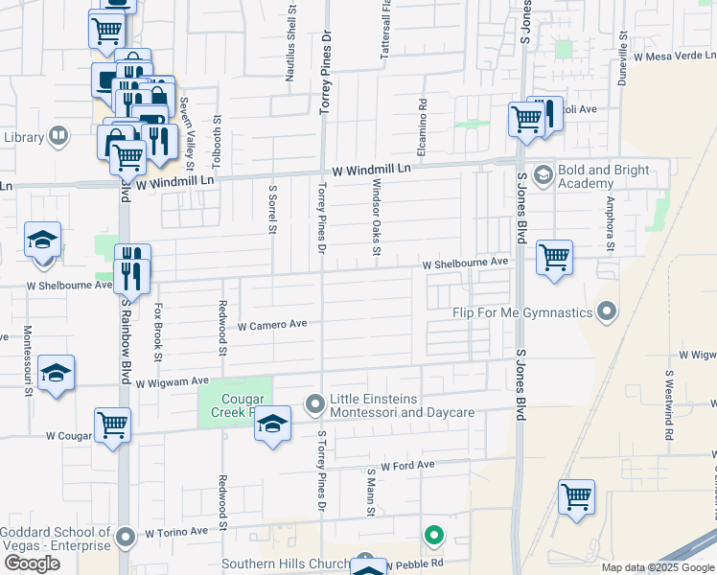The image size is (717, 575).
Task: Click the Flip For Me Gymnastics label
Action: pyautogui.click(x=522, y=312)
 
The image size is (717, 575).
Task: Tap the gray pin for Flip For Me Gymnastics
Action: pyautogui.click(x=606, y=311)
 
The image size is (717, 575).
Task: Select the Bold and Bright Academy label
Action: pyautogui.click(x=605, y=176)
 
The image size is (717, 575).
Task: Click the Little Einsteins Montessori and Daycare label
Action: pyautogui.click(x=402, y=405)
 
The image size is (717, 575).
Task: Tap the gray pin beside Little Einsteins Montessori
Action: pyautogui.click(x=314, y=404)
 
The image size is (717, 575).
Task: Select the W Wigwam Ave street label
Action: pyautogui.click(x=173, y=382)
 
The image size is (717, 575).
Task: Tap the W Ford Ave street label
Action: pyautogui.click(x=407, y=466)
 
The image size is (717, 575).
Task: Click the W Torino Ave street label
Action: pyautogui.click(x=176, y=531)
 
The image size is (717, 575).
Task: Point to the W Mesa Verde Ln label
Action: pyautogui.click(x=668, y=57)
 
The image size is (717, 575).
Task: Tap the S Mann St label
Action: pyautogui.click(x=370, y=493)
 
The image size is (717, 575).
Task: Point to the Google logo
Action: pyautogui.click(x=32, y=563)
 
